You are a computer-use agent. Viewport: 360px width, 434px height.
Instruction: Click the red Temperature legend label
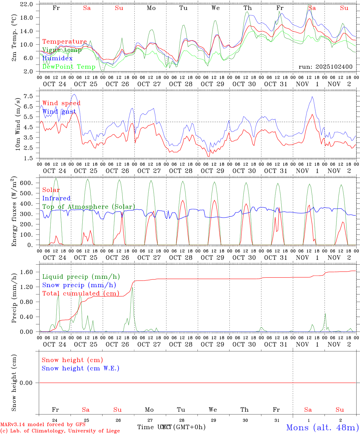point(65,42)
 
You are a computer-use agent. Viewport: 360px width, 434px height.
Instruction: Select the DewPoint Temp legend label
point(69,67)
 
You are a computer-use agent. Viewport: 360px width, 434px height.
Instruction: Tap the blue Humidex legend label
point(58,58)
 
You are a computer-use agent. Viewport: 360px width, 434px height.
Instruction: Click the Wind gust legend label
point(59,112)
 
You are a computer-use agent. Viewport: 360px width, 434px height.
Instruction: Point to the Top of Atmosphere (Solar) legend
point(89,207)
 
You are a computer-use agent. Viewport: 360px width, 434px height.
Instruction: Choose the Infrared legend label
point(56,198)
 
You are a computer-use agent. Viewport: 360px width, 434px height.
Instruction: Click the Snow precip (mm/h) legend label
point(79,285)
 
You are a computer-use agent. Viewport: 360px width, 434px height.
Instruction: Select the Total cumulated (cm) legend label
point(81,293)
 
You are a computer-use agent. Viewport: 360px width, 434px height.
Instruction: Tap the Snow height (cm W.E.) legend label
point(81,368)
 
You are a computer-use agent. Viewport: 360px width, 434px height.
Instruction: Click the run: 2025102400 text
point(325,67)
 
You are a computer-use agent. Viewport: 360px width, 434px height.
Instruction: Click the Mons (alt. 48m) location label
point(322,427)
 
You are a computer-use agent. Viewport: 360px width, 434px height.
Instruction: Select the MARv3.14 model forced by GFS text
point(43,424)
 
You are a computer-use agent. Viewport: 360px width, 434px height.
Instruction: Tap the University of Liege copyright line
point(60,431)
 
